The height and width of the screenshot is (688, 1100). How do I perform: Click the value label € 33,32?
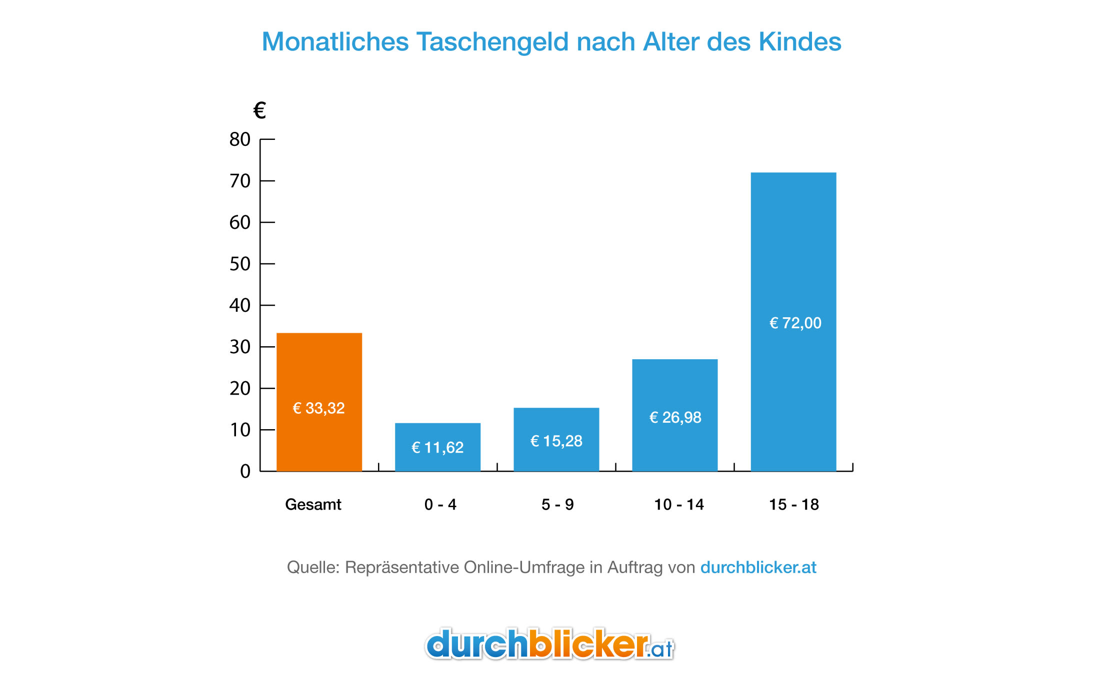(318, 408)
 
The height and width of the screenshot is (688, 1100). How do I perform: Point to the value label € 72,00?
(795, 323)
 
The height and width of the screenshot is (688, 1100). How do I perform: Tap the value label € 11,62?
(437, 447)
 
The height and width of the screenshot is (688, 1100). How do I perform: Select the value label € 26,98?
(675, 417)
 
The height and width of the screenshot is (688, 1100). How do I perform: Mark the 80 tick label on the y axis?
(240, 139)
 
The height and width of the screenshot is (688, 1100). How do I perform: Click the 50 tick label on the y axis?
(240, 264)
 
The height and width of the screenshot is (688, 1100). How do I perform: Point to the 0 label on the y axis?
(245, 471)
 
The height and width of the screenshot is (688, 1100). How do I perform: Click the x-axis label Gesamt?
(313, 505)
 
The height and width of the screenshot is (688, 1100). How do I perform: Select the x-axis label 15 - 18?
(793, 505)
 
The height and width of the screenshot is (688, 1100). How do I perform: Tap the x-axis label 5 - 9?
(557, 505)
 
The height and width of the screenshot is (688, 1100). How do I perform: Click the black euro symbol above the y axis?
(259, 110)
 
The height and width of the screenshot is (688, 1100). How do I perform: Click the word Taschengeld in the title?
(492, 42)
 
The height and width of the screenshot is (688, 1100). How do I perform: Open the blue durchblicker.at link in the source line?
(758, 568)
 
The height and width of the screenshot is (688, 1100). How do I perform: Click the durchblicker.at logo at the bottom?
(549, 645)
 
